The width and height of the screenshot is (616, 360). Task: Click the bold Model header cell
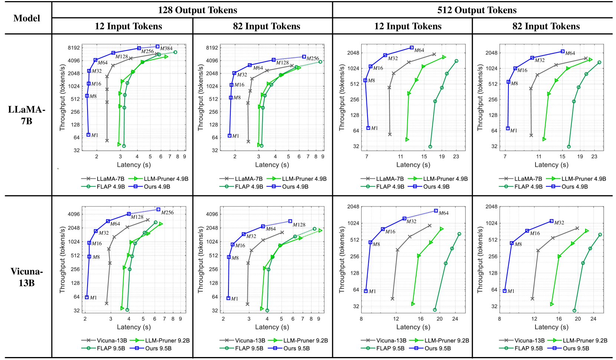pyautogui.click(x=27, y=18)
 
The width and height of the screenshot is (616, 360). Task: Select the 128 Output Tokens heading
pyautogui.click(x=197, y=10)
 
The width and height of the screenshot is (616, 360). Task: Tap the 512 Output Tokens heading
pyautogui.click(x=477, y=10)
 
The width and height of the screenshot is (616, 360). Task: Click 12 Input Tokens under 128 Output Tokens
pyautogui.click(x=128, y=26)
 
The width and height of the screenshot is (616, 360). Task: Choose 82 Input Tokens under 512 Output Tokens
pyautogui.click(x=546, y=26)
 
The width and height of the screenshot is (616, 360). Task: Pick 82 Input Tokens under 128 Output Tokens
pyautogui.click(x=266, y=26)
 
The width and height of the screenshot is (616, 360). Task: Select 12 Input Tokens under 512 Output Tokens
pyautogui.click(x=408, y=26)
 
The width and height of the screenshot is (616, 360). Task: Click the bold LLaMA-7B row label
pyautogui.click(x=27, y=115)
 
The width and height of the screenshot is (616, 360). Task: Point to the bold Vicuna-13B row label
pyautogui.click(x=27, y=277)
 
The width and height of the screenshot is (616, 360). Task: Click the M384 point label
pyautogui.click(x=166, y=48)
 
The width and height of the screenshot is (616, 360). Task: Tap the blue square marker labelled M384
pyautogui.click(x=157, y=47)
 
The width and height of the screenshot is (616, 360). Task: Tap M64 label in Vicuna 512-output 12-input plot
pyautogui.click(x=444, y=213)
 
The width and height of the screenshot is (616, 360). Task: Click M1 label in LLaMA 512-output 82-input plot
pyautogui.click(x=513, y=131)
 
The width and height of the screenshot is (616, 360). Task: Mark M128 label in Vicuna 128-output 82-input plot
pyautogui.click(x=299, y=225)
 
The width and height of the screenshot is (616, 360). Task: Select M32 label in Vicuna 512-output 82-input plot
pyautogui.click(x=559, y=223)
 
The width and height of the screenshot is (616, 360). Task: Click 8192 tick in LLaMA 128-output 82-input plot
pyautogui.click(x=212, y=48)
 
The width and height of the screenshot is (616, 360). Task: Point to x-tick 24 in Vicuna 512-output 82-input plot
pyautogui.click(x=593, y=319)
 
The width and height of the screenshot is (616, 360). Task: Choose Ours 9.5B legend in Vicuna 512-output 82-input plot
pyautogui.click(x=576, y=348)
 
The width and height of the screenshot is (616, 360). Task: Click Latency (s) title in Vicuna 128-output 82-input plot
pyautogui.click(x=272, y=327)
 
